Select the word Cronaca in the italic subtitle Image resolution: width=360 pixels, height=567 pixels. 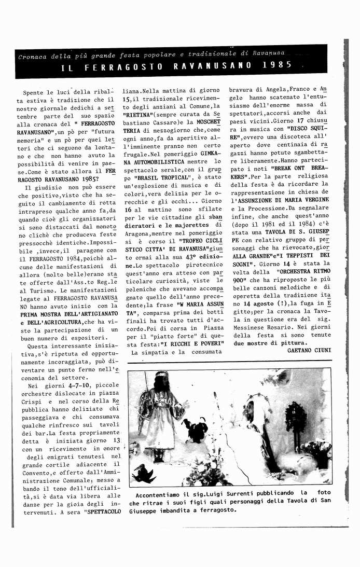32,56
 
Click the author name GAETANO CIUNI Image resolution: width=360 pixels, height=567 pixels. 309,350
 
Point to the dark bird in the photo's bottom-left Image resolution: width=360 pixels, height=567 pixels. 144,473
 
